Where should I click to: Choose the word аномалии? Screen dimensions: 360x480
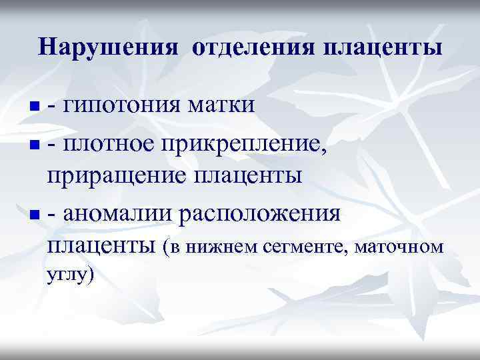(117, 215)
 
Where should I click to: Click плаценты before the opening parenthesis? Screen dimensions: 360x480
(100, 247)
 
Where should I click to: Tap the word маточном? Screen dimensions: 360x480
(400, 248)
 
